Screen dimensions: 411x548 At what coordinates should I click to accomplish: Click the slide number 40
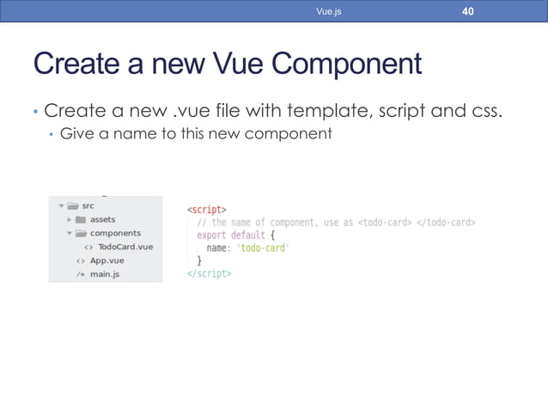click(x=467, y=11)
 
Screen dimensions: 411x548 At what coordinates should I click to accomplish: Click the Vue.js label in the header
click(x=329, y=12)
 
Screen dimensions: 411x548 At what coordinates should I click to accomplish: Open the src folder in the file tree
click(x=88, y=205)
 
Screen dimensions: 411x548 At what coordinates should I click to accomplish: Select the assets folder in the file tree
click(x=102, y=219)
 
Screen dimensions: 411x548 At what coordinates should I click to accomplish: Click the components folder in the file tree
click(x=115, y=233)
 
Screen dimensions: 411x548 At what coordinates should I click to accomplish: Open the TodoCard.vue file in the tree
click(x=125, y=247)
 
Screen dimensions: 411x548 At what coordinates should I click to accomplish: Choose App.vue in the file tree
click(x=107, y=261)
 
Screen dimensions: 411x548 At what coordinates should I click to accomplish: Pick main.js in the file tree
click(x=104, y=274)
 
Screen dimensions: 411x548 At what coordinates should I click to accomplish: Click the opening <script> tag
click(x=207, y=209)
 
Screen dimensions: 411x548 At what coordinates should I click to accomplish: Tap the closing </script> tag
click(x=209, y=273)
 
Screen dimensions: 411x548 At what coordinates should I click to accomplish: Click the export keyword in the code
click(x=212, y=235)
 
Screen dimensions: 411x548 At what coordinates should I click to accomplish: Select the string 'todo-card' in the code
click(x=262, y=248)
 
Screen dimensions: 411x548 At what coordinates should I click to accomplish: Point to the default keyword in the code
click(x=247, y=235)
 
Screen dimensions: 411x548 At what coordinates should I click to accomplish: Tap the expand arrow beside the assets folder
click(x=70, y=219)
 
